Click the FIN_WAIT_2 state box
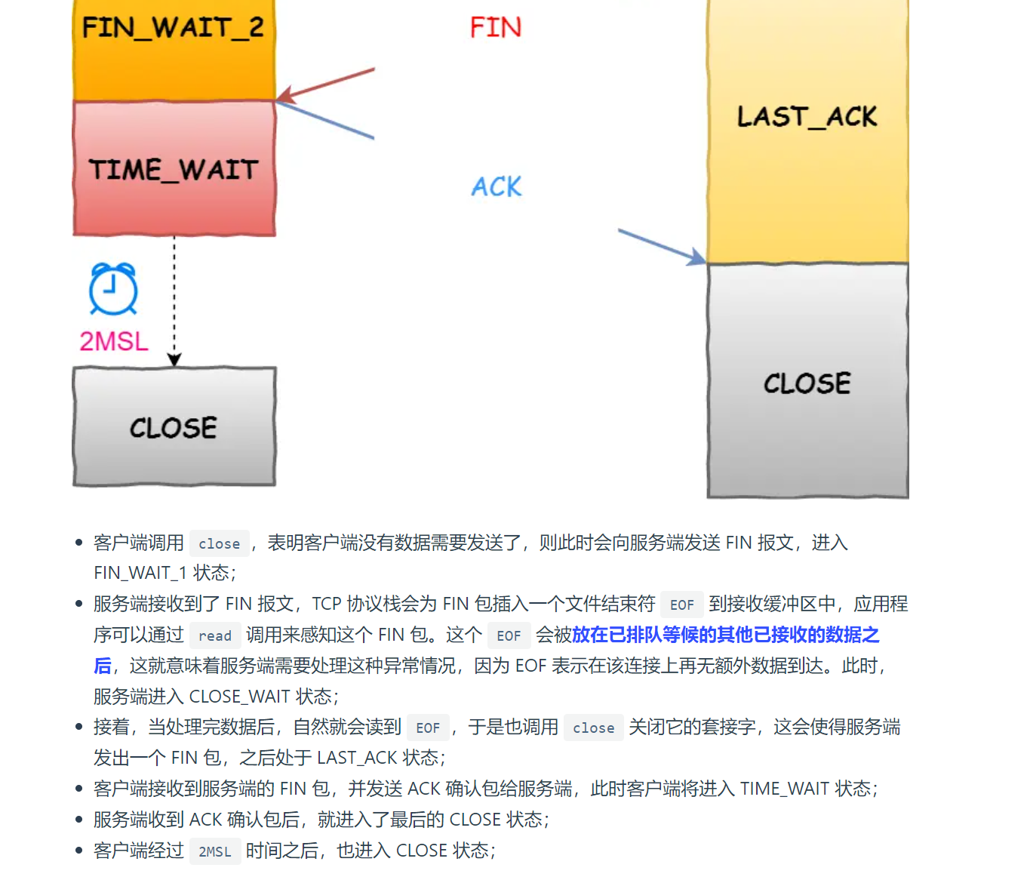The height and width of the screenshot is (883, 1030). [x=174, y=45]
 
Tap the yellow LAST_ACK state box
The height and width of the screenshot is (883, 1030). [x=807, y=128]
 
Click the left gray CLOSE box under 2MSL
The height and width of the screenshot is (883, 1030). [x=174, y=427]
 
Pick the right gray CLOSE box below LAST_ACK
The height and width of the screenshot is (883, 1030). [x=807, y=382]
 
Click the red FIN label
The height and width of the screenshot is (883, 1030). [x=495, y=28]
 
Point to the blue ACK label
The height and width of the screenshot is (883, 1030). [x=497, y=186]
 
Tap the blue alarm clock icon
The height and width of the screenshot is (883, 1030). [x=113, y=289]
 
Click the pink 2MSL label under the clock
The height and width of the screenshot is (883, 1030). [x=114, y=341]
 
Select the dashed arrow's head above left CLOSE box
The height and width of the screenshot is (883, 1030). [x=174, y=359]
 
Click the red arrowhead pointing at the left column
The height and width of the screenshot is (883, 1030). [x=284, y=96]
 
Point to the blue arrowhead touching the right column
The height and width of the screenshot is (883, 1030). [x=696, y=257]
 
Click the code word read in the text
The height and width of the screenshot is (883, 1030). [x=215, y=635]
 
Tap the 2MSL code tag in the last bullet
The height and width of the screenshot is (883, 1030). [x=215, y=851]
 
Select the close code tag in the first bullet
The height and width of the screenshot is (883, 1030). [x=219, y=543]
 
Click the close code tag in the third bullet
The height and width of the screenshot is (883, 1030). [x=593, y=728]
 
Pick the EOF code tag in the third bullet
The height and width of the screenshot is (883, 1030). [x=428, y=728]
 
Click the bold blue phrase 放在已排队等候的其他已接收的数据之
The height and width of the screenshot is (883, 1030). [x=725, y=635]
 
